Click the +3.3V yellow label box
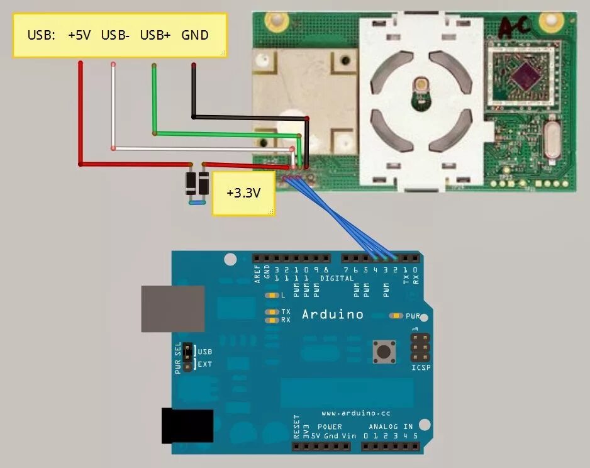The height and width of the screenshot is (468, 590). click(x=243, y=193)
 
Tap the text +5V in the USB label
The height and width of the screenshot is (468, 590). click(x=79, y=35)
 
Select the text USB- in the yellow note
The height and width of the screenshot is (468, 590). click(x=115, y=35)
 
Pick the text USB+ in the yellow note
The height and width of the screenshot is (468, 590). click(x=155, y=35)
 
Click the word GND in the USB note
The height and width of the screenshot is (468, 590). click(x=195, y=35)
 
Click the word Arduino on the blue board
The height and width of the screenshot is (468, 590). click(x=333, y=315)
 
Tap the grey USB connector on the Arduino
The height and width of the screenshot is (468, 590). click(x=172, y=308)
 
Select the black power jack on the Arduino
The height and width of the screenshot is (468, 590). click(x=187, y=426)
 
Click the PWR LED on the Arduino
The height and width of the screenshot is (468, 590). click(x=397, y=315)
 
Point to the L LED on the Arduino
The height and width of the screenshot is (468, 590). click(x=272, y=295)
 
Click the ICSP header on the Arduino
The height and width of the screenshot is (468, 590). click(x=421, y=350)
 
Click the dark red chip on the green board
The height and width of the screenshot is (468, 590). click(x=521, y=81)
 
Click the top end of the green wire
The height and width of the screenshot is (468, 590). click(x=154, y=65)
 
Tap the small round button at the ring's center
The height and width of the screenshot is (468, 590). click(x=420, y=84)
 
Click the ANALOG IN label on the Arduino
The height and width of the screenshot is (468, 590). click(x=391, y=426)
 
